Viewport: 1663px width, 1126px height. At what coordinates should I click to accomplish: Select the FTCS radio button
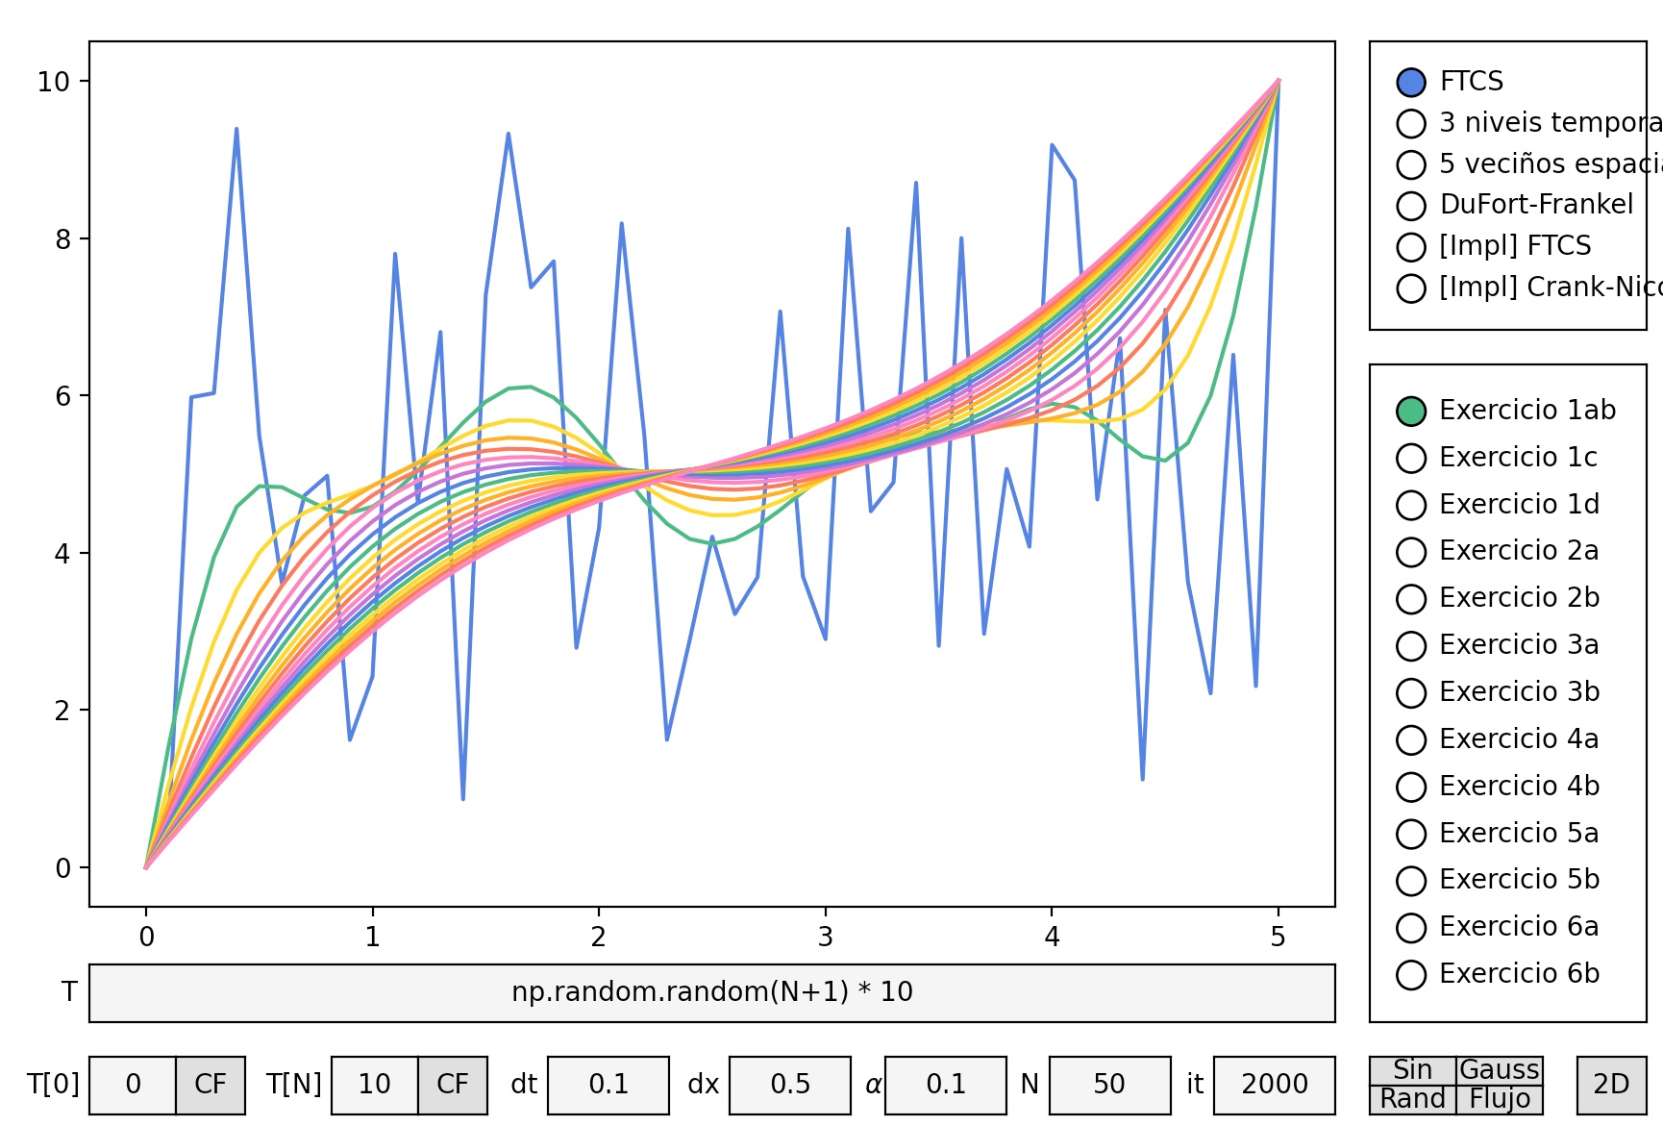1410,83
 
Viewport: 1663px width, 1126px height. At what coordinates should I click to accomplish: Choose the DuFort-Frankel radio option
1410,206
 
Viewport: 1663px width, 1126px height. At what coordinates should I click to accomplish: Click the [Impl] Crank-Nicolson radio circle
1410,288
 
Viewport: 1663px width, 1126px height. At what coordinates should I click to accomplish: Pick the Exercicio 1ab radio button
1410,412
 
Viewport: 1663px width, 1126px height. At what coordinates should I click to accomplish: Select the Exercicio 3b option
1410,693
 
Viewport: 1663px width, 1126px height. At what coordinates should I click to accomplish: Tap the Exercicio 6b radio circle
1410,975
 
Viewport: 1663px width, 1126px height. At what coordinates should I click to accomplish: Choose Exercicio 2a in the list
1410,552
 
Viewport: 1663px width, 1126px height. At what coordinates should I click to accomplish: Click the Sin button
1412,1070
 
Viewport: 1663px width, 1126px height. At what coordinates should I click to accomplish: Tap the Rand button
1412,1099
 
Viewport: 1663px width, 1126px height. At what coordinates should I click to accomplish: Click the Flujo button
1500,1099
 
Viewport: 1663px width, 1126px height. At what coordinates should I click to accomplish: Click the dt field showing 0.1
608,1085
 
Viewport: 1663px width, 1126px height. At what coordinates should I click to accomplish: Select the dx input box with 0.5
790,1085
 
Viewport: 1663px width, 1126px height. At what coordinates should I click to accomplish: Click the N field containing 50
1109,1085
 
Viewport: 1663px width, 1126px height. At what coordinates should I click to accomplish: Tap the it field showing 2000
1274,1085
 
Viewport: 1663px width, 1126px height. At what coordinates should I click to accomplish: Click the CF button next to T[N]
453,1085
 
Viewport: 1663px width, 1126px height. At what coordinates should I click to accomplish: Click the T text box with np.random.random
711,992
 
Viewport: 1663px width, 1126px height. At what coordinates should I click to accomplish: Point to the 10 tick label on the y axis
54,82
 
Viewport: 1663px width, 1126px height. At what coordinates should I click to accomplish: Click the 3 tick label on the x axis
825,938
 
